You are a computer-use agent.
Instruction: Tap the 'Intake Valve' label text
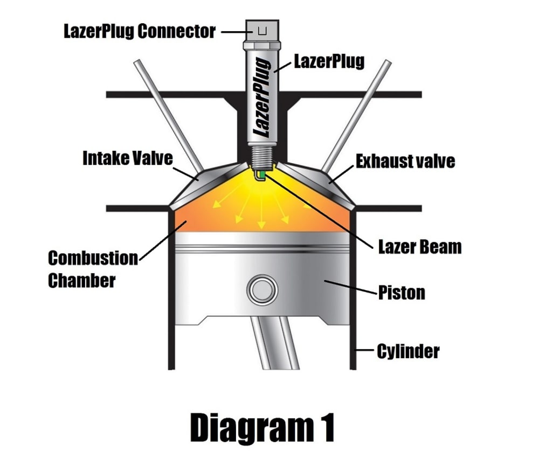pos(127,158)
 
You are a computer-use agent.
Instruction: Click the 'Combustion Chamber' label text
pos(93,269)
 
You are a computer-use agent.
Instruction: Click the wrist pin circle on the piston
pos(262,290)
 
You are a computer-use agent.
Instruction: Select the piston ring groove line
pos(262,248)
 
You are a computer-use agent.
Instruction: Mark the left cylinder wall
pos(171,291)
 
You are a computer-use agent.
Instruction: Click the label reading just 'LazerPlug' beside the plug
pos(328,61)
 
